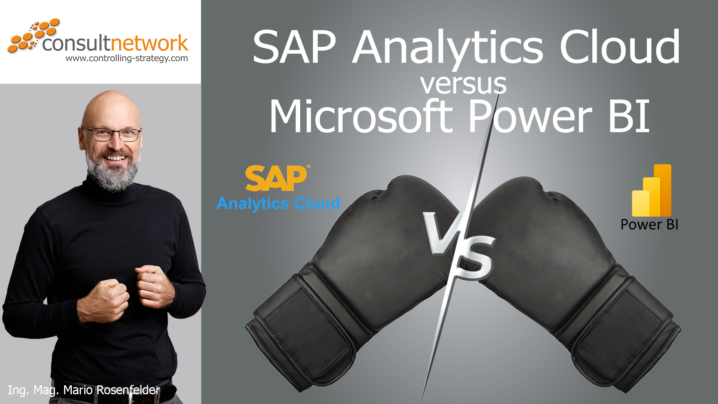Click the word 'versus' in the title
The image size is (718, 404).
pyautogui.click(x=463, y=85)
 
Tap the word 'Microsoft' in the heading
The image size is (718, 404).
pyautogui.click(x=361, y=116)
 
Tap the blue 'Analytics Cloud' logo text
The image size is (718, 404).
pyautogui.click(x=278, y=203)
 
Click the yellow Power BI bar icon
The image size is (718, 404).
pyautogui.click(x=651, y=190)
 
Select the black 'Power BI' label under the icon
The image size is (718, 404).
pyautogui.click(x=649, y=224)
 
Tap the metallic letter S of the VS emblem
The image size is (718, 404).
pyautogui.click(x=475, y=258)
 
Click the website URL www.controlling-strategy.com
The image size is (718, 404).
pyautogui.click(x=127, y=58)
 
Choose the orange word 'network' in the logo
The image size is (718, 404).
pyautogui.click(x=149, y=43)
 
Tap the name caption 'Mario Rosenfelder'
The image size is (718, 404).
pyautogui.click(x=111, y=390)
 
